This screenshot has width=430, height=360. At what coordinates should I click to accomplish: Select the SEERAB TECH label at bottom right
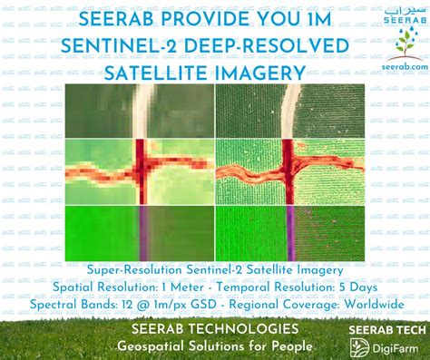tap(384, 327)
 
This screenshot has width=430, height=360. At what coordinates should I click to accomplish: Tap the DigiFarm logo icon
tap(360, 345)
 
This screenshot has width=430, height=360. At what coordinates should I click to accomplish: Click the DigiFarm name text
tap(392, 345)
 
